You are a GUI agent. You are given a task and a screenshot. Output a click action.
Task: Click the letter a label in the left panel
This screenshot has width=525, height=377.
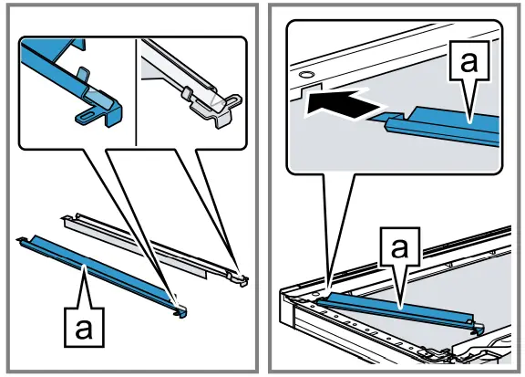coord(84,328)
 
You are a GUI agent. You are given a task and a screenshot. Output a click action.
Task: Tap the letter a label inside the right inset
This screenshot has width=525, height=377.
coord(468,61)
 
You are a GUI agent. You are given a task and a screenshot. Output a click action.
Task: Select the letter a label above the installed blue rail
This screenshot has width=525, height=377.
coord(399,246)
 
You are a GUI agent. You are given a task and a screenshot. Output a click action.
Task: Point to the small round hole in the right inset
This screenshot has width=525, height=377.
coord(305,74)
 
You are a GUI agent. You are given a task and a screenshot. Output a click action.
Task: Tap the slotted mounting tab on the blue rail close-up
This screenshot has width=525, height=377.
coord(87,115)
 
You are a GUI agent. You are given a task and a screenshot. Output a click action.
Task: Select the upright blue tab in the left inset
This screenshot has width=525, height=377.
coord(83,77)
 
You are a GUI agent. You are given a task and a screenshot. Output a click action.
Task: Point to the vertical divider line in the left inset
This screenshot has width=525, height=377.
coord(136,92)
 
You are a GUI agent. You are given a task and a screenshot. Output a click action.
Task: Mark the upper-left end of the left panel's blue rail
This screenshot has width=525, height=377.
coord(19,239)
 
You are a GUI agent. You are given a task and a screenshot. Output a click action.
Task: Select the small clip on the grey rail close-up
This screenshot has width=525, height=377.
coord(188,92)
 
